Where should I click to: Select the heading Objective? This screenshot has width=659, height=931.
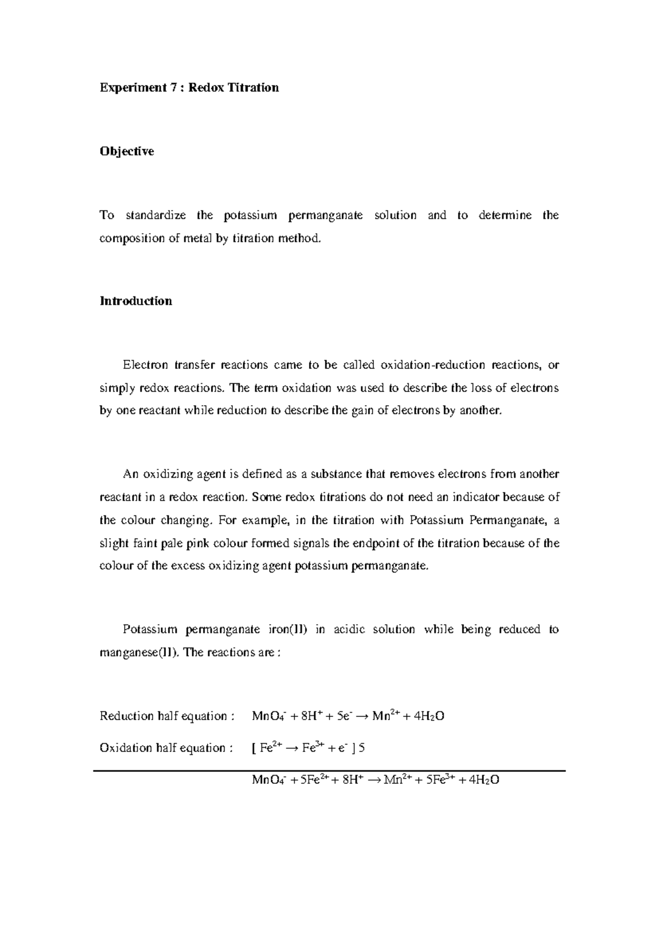126,152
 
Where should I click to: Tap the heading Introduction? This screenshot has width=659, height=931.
136,301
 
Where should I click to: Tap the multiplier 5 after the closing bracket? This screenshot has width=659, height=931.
361,748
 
